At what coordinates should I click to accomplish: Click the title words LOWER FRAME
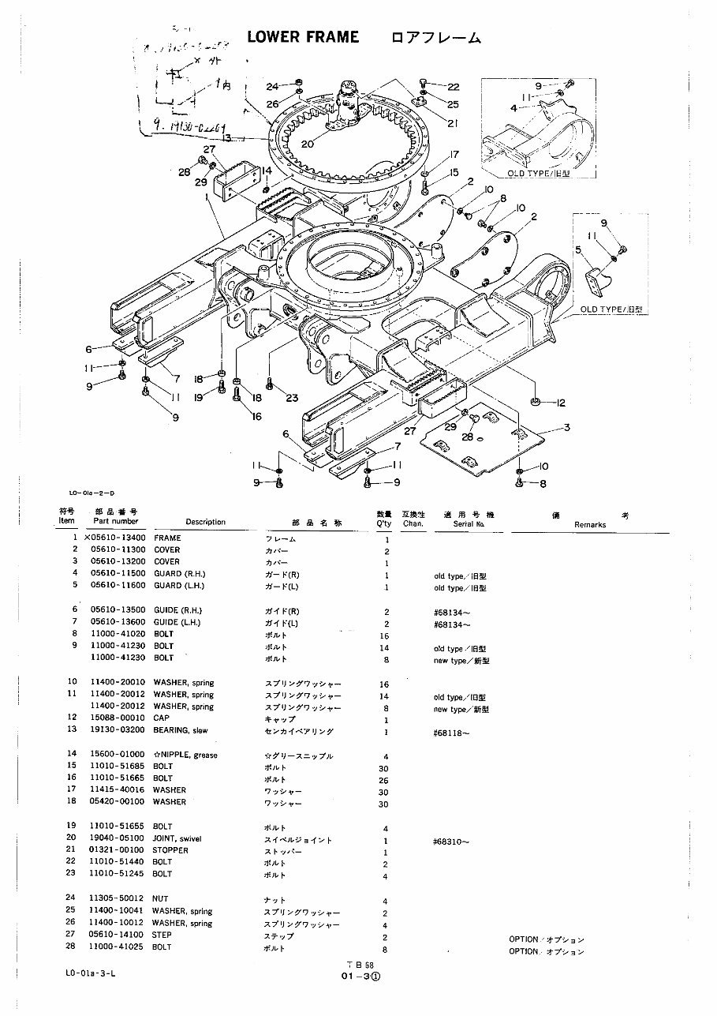tap(303, 37)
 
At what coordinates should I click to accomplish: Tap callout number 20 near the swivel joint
tap(307, 144)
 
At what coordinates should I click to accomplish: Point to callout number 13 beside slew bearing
tap(226, 137)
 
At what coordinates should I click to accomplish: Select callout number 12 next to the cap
tap(561, 403)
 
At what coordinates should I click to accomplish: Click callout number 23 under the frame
tap(293, 398)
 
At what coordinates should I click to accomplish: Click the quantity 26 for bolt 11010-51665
tap(386, 778)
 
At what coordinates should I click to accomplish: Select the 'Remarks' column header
tap(590, 524)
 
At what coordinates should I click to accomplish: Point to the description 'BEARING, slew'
tap(180, 732)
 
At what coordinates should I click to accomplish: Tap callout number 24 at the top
tap(272, 86)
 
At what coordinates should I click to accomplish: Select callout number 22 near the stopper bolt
tap(454, 87)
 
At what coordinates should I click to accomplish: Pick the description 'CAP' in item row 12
tap(161, 719)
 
